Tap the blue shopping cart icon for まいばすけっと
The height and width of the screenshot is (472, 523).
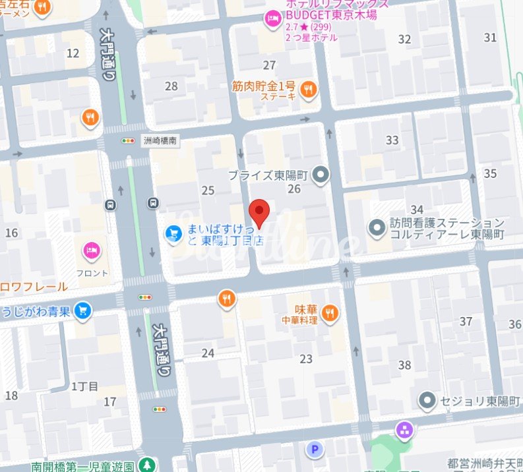pyautogui.click(x=173, y=233)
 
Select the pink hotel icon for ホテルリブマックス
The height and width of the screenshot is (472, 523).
pyautogui.click(x=271, y=20)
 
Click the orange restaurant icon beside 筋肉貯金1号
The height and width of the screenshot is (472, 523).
pyautogui.click(x=307, y=89)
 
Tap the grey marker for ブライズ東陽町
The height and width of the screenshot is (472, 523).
pyautogui.click(x=321, y=175)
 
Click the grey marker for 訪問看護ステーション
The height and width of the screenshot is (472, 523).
pyautogui.click(x=377, y=229)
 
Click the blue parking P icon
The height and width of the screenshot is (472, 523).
pyautogui.click(x=316, y=450)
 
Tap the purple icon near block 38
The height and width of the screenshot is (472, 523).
pyautogui.click(x=403, y=431)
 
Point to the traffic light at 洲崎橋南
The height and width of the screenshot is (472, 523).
pyautogui.click(x=127, y=140)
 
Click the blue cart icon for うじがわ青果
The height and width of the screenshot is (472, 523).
pyautogui.click(x=82, y=310)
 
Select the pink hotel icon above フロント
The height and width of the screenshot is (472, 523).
pyautogui.click(x=92, y=251)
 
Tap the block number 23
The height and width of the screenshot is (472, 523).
pyautogui.click(x=306, y=359)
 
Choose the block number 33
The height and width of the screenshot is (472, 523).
pyautogui.click(x=392, y=140)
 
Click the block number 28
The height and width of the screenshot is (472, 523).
pyautogui.click(x=171, y=86)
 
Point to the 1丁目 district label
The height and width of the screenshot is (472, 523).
pyautogui.click(x=84, y=386)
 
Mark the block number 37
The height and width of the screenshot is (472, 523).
pyautogui.click(x=466, y=321)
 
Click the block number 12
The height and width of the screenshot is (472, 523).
pyautogui.click(x=73, y=53)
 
